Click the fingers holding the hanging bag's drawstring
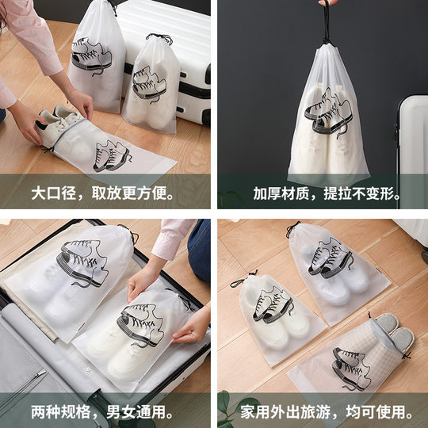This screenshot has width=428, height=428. click(324, 6)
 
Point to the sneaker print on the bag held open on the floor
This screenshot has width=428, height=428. click(111, 153)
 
